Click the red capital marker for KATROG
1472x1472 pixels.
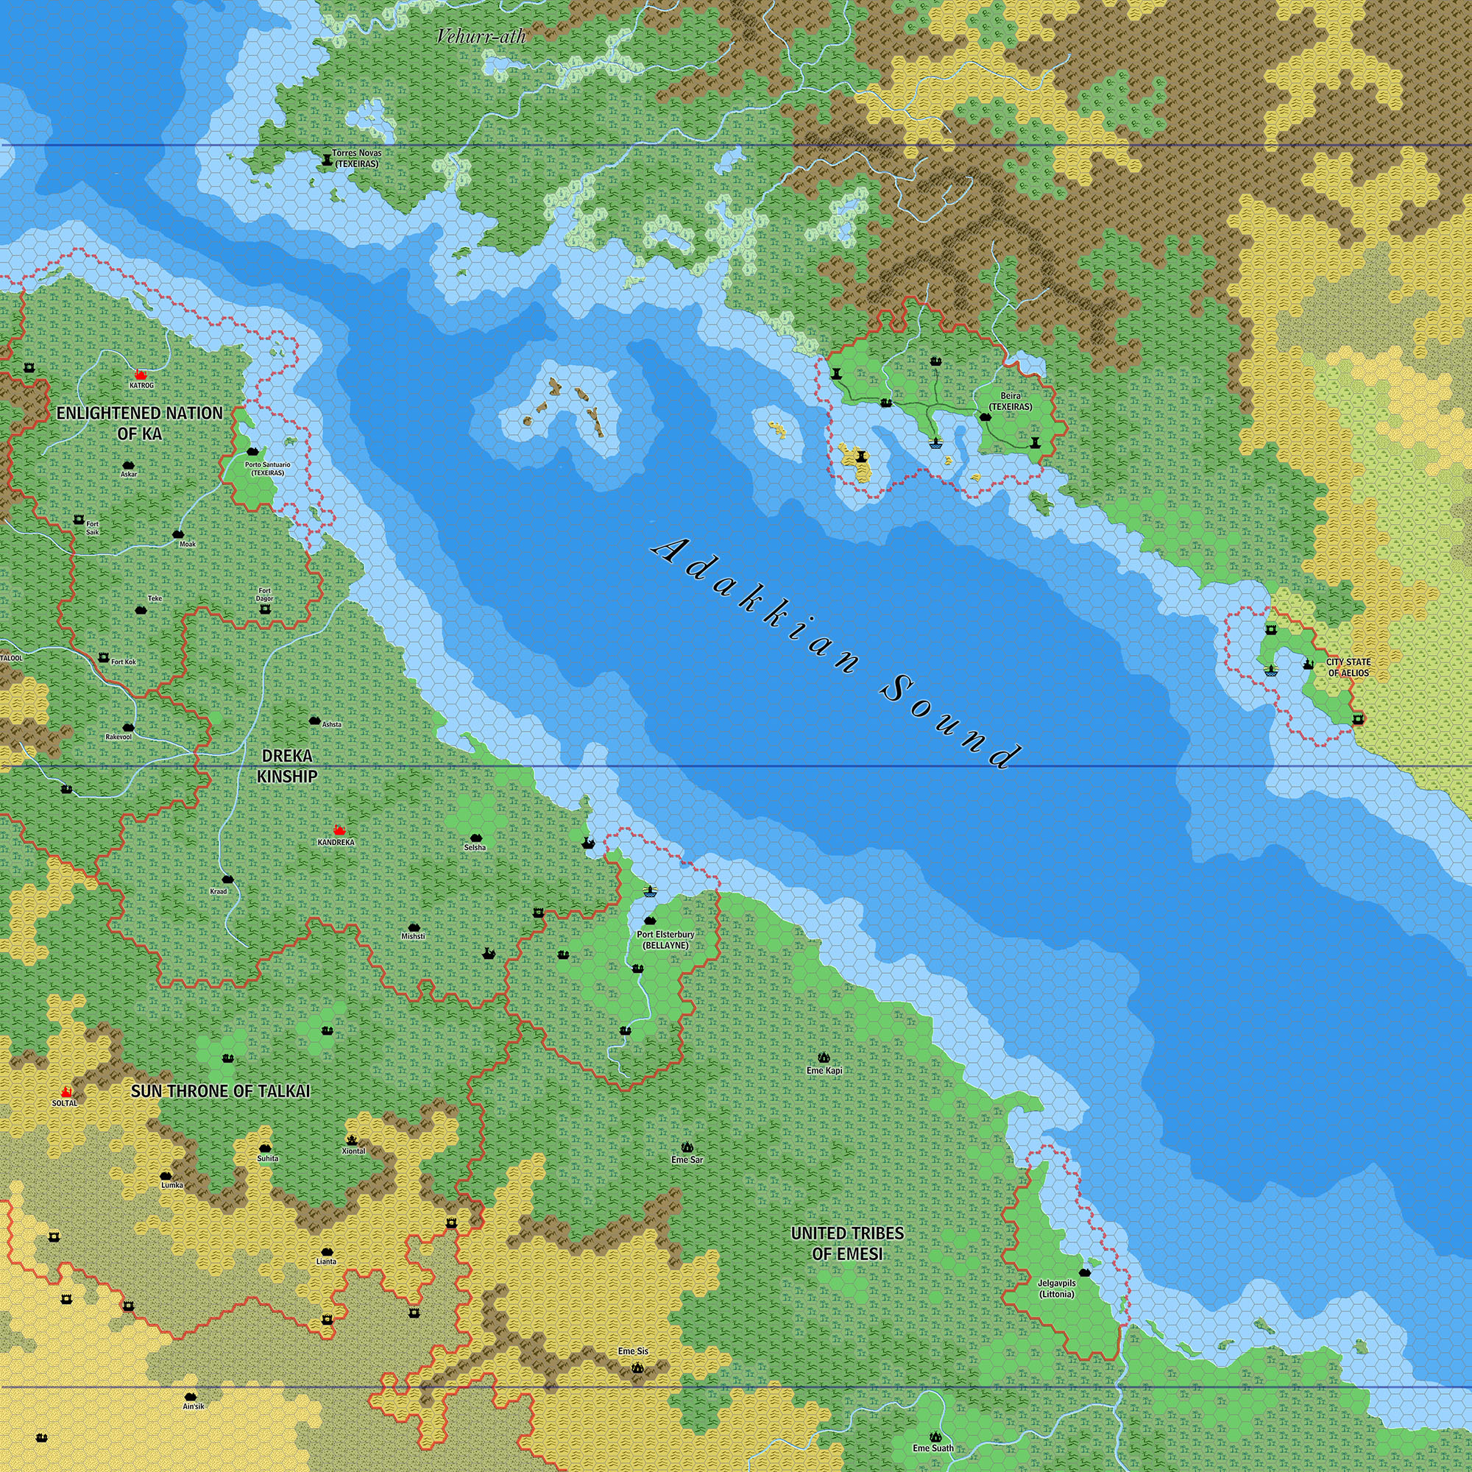140,375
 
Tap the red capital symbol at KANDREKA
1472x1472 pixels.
340,829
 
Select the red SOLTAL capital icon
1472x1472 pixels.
66,1092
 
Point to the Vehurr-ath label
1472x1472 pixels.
481,35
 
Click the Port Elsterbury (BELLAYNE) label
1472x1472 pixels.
665,939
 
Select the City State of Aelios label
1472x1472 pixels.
1348,668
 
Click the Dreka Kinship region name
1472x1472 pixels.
286,765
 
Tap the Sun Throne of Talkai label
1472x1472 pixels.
221,1091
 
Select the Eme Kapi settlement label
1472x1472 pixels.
824,1070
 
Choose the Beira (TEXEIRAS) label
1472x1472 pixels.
1011,402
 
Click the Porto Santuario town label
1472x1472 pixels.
267,469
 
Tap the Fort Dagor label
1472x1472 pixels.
264,594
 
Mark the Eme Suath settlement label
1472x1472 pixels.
933,1448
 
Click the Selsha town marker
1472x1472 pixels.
476,837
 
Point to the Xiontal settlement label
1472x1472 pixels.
353,1150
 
